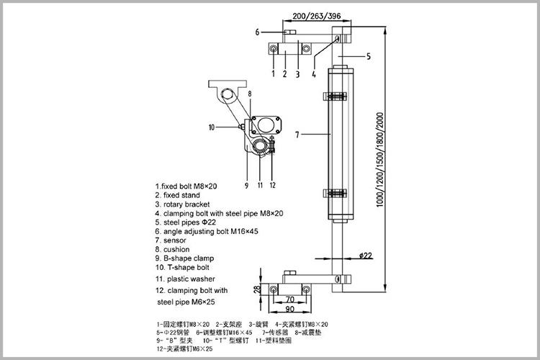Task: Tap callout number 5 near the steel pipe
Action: [x=368, y=56]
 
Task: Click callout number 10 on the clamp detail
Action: [x=212, y=127]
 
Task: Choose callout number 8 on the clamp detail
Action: [x=250, y=94]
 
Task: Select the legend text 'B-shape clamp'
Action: [x=189, y=258]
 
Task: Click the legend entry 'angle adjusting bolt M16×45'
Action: [x=203, y=231]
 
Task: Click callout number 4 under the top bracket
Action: [x=315, y=73]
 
